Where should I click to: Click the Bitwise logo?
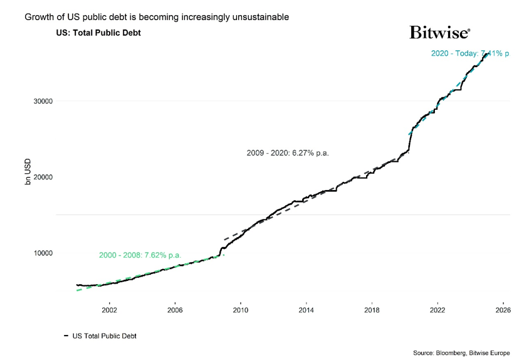(439, 33)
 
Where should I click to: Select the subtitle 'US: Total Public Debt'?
(98, 33)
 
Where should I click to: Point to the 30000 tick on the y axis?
(42, 101)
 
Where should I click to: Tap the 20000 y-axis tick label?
(42, 177)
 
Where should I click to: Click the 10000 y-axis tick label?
(42, 253)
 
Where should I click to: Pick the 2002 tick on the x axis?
(109, 310)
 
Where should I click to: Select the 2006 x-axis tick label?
(175, 310)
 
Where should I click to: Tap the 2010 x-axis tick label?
(241, 310)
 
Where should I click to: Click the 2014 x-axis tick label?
(306, 310)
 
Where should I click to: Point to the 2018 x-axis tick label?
(372, 310)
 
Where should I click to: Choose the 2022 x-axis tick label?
(437, 310)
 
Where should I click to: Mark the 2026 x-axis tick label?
(503, 310)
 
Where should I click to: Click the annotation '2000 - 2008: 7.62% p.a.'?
(140, 255)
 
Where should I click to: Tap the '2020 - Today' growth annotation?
(470, 54)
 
